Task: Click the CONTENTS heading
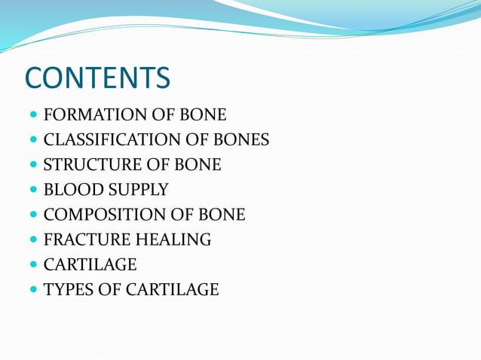[97, 78]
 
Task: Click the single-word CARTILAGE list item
[90, 264]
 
